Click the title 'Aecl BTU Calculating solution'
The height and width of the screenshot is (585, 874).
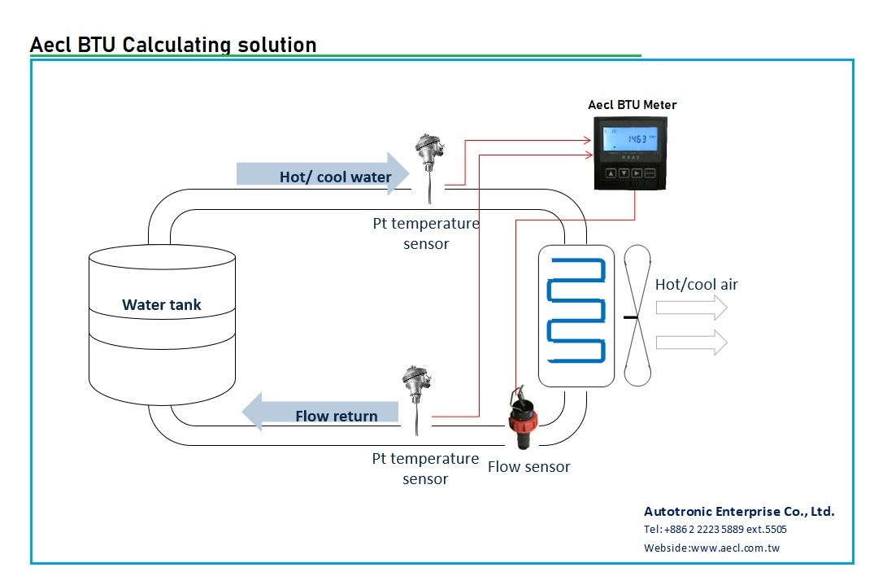[x=172, y=44]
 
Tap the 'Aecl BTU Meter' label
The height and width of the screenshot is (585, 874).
[x=632, y=104]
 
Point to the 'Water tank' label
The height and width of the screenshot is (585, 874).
[x=162, y=305]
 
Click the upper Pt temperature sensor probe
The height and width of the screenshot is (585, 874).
[x=426, y=162]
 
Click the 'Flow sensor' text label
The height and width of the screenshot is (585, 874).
[x=528, y=467]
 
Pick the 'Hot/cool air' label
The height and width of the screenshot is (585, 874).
[x=696, y=285]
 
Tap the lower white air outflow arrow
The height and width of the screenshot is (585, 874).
[x=690, y=343]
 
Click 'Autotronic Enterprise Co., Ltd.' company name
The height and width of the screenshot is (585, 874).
[x=738, y=512]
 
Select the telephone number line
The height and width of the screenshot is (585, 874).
[x=715, y=530]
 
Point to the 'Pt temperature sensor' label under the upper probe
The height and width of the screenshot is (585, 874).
[x=426, y=234]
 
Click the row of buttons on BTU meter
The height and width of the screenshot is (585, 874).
[x=632, y=173]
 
